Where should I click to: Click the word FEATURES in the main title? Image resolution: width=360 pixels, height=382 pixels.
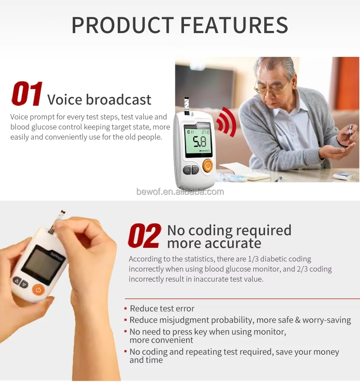[234, 25]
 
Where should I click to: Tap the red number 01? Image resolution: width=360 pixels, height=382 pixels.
[27, 94]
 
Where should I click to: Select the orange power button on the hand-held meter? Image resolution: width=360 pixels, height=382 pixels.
[38, 289]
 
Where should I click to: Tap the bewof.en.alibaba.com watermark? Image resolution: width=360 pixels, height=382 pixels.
[180, 192]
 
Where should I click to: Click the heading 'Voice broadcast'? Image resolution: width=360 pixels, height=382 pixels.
[99, 100]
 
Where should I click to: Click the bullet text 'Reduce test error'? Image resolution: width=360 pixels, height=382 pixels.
[162, 309]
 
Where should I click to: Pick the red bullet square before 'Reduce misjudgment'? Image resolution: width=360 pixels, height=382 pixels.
[125, 320]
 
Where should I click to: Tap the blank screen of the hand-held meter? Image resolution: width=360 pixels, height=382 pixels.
[41, 265]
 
